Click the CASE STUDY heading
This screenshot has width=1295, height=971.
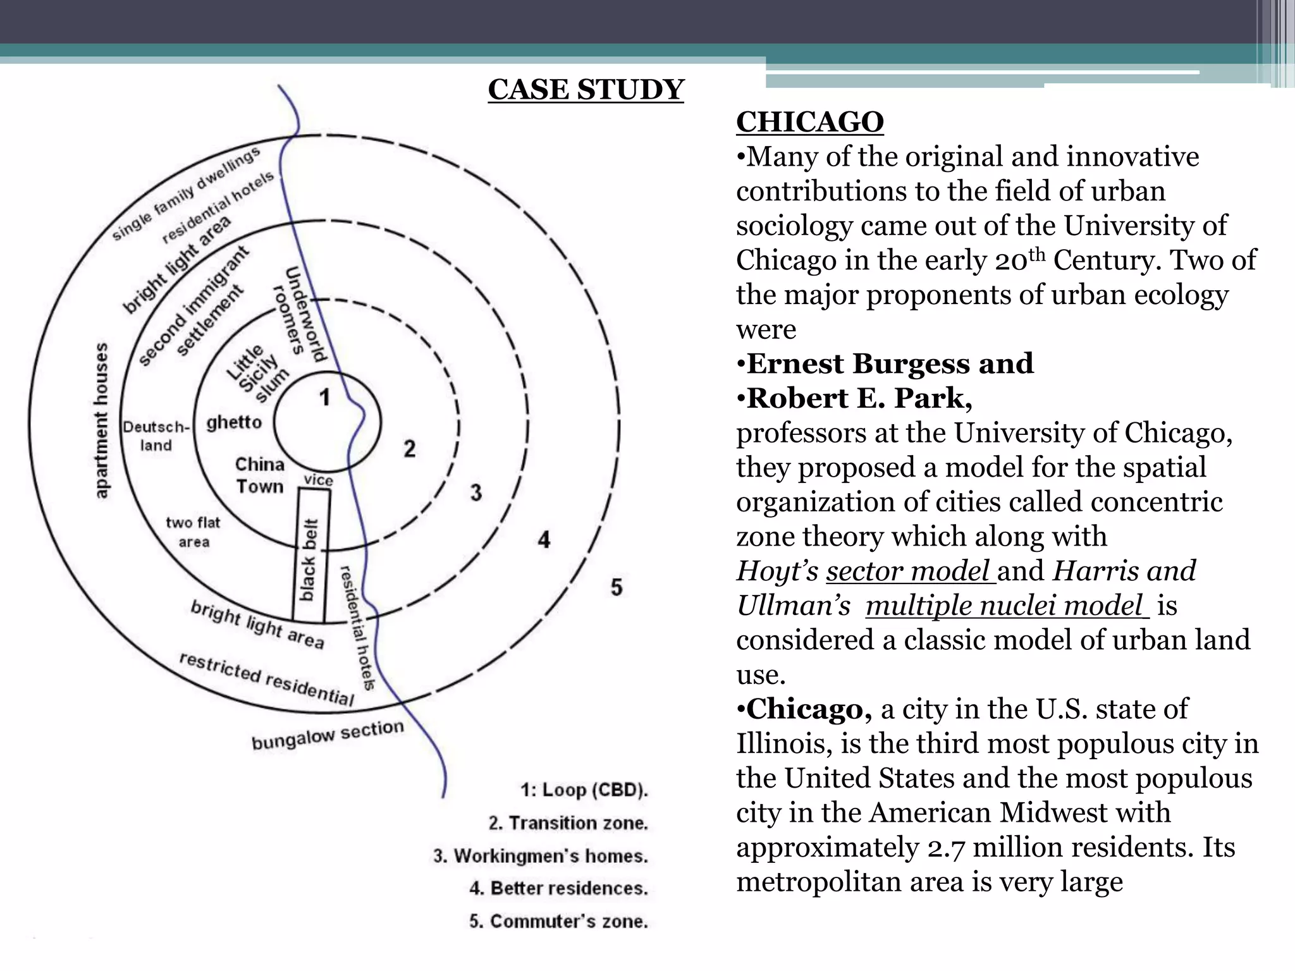pos(586,90)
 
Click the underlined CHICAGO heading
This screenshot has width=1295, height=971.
pos(809,121)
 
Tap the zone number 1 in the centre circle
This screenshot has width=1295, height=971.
pos(325,398)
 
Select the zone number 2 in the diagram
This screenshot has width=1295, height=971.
pos(410,449)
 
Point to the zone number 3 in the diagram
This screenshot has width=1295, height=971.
pos(476,492)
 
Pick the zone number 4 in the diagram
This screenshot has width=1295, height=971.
pos(544,540)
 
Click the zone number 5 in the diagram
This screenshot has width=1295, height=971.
pos(617,587)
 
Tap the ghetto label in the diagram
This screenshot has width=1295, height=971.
pos(234,422)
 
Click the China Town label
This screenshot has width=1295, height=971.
pos(260,475)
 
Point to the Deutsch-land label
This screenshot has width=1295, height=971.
pos(156,436)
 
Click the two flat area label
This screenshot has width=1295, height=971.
pos(193,532)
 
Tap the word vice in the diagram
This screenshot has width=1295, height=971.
pos(318,480)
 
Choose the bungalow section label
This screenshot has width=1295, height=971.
pos(328,735)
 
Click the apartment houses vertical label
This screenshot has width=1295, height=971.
pos(101,420)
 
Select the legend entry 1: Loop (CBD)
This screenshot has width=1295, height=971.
pos(584,790)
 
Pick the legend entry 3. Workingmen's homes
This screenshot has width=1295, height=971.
pos(541,856)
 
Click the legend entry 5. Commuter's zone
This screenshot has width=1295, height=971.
pos(558,921)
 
